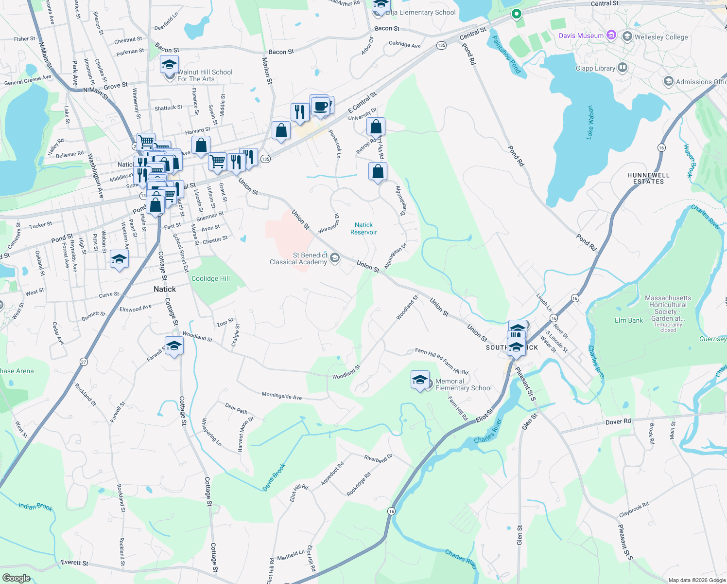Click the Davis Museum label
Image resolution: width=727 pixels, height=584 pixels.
pyautogui.click(x=581, y=36)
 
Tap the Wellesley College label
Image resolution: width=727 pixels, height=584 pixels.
pyautogui.click(x=661, y=37)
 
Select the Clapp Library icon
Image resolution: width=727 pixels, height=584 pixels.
pyautogui.click(x=623, y=68)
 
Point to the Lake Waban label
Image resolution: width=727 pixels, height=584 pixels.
pyautogui.click(x=590, y=122)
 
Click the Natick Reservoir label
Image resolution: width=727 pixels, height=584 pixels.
pyautogui.click(x=363, y=228)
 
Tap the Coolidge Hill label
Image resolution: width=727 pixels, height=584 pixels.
pyautogui.click(x=210, y=278)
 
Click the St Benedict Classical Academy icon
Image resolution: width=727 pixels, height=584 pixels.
pyautogui.click(x=334, y=257)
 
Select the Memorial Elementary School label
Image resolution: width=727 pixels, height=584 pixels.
pyautogui.click(x=463, y=384)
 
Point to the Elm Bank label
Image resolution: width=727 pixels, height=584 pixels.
pyautogui.click(x=629, y=320)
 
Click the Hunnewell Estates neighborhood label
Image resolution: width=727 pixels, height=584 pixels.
pyautogui.click(x=648, y=178)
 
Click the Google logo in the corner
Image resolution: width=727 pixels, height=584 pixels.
pyautogui.click(x=16, y=578)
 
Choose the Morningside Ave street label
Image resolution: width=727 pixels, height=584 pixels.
pyautogui.click(x=281, y=396)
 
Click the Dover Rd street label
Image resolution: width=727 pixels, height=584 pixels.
pyautogui.click(x=618, y=421)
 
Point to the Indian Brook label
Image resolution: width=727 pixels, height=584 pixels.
pyautogui.click(x=35, y=507)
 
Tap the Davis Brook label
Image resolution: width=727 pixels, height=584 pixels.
pyautogui.click(x=274, y=477)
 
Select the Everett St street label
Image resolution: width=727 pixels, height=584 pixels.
pyautogui.click(x=75, y=563)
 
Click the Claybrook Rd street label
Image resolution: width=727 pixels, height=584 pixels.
pyautogui.click(x=634, y=510)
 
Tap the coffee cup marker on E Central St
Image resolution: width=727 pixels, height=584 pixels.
pyautogui.click(x=321, y=106)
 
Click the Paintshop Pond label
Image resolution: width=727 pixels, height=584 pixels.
pyautogui.click(x=506, y=55)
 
